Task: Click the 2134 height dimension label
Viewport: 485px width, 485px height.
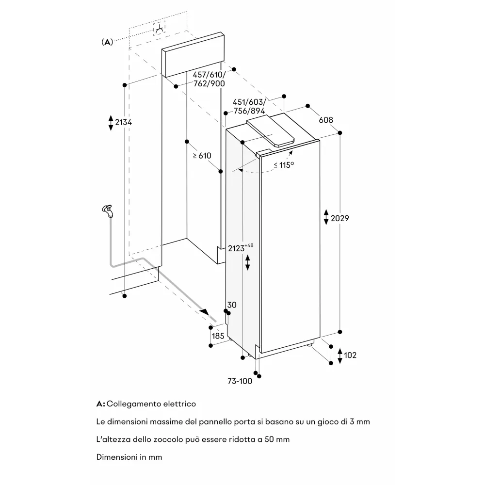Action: [123, 122]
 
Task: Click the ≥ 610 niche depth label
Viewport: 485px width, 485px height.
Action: [202, 156]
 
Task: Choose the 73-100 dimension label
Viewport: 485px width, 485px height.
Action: [239, 381]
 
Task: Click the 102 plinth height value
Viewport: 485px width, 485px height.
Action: [350, 356]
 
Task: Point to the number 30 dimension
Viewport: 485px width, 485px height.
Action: [232, 305]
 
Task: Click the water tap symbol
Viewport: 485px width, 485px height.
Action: [107, 210]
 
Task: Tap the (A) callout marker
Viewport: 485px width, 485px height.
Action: [107, 42]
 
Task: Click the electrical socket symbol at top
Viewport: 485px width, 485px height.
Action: [159, 29]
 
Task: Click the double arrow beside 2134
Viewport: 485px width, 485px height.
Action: [111, 122]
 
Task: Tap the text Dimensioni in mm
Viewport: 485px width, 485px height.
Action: [129, 457]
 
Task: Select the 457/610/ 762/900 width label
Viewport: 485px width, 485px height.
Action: [209, 79]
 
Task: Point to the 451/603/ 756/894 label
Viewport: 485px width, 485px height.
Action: [249, 106]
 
